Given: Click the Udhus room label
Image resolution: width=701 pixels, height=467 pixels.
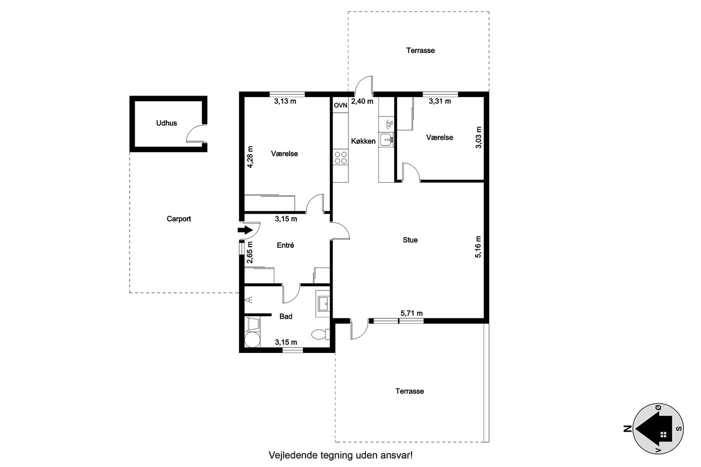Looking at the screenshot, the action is click(166, 123).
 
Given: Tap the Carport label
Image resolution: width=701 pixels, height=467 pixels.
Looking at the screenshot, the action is click(179, 219).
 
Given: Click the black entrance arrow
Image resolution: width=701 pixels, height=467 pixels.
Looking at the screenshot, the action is click(245, 230).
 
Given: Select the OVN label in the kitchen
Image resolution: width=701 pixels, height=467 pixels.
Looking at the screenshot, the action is click(340, 106).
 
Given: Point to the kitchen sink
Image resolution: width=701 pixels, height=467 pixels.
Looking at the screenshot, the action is click(386, 140).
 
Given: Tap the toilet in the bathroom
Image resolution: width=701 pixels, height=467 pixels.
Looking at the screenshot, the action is click(321, 334).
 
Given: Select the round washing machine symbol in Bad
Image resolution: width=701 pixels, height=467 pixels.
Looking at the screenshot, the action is click(252, 340).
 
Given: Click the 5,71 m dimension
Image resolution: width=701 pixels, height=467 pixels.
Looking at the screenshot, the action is click(412, 313).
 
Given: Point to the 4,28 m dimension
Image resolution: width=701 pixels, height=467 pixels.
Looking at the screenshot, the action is click(250, 157).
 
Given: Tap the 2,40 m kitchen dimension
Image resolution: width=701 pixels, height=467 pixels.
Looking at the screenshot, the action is click(362, 101).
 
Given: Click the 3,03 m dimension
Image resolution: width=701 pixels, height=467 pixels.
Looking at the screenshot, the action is click(479, 137).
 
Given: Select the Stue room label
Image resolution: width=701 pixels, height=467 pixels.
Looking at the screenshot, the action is click(410, 240).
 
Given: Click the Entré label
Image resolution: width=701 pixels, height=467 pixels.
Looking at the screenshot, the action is click(285, 245).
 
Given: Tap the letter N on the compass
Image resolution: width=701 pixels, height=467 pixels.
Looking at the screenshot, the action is click(627, 428).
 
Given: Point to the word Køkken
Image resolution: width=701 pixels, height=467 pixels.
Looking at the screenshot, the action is click(363, 141).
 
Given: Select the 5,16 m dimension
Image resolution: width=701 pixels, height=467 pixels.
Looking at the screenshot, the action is click(479, 247).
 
